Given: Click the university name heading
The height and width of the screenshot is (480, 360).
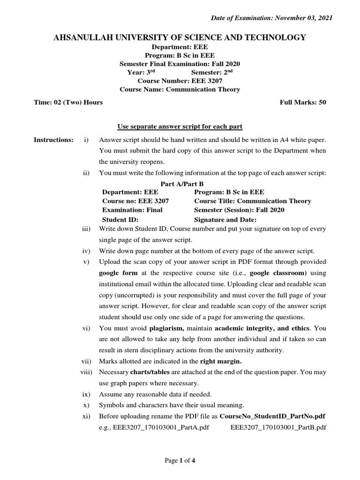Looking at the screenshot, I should coord(180,37).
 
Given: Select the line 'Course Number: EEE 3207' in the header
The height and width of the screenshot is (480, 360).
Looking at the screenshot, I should coord(180,81).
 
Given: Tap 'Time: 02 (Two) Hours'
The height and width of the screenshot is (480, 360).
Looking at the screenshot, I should coord(68,102).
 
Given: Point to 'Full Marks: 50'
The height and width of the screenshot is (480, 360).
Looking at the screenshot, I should coord(302,102).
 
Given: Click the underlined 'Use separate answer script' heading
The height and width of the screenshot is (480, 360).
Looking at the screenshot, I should coord(180,127).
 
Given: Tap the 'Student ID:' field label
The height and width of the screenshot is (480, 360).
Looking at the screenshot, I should coord(120,219).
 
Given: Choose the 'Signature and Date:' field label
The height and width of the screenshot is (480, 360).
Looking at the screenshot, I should coord(225,219).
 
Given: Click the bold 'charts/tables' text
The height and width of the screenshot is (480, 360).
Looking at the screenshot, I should coord(147,372).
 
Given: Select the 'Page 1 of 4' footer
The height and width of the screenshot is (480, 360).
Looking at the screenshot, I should coord(180,460).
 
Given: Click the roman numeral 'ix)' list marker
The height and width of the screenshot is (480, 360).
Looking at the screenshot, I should coord(86,394).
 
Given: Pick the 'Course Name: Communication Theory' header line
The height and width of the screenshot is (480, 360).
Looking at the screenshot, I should coord(180,90).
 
